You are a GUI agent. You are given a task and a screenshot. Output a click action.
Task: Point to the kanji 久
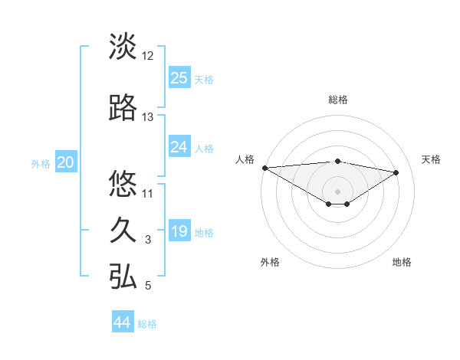tap(123, 231)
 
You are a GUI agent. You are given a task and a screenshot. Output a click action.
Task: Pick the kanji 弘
tap(123, 277)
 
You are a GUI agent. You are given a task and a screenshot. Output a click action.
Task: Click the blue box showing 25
tap(179, 77)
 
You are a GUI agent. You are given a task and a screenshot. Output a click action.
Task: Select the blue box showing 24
tap(179, 146)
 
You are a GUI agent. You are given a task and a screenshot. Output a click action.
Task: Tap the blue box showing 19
tap(179, 231)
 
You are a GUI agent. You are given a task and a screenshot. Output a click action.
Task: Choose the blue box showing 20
tap(66, 162)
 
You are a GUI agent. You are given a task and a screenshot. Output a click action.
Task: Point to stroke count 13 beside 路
tap(148, 117)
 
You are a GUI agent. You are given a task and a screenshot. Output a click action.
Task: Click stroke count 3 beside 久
tap(148, 240)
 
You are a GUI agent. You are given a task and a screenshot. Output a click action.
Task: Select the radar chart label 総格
tap(337, 100)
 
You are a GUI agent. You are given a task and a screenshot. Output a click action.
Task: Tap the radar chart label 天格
tap(431, 159)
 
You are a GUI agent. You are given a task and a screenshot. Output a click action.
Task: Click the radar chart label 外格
tap(270, 262)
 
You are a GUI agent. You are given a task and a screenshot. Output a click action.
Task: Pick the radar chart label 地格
tap(402, 262)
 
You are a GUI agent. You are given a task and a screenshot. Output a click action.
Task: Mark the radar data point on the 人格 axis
tap(264, 168)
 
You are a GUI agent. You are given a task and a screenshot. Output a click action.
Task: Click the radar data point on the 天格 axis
tap(396, 172)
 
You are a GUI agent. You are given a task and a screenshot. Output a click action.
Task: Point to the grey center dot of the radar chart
tap(337, 191)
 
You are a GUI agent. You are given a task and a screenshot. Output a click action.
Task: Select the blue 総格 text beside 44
tap(147, 324)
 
